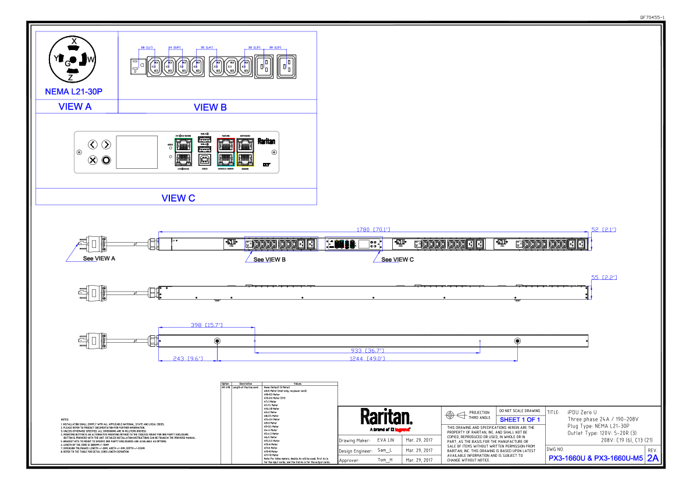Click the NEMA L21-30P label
[x=73, y=92]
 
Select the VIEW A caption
[x=75, y=107]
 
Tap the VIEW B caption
[x=210, y=107]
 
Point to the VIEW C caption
[x=178, y=199]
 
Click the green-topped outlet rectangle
[x=183, y=152]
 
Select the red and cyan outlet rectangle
[x=226, y=152]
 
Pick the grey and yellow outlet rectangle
[x=245, y=152]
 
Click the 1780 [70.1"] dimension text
[x=373, y=230]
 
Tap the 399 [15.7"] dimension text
[x=207, y=325]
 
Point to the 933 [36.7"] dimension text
[x=367, y=351]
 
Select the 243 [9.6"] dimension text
[x=187, y=358]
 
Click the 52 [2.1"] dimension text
[x=603, y=230]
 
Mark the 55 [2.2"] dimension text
[x=603, y=278]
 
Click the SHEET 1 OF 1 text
[x=520, y=420]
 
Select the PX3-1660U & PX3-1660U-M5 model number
[x=596, y=459]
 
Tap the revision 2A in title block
[x=653, y=459]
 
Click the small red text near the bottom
[x=402, y=430]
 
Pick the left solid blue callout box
[x=258, y=269]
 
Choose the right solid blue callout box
[x=386, y=269]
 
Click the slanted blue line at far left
[x=72, y=253]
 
